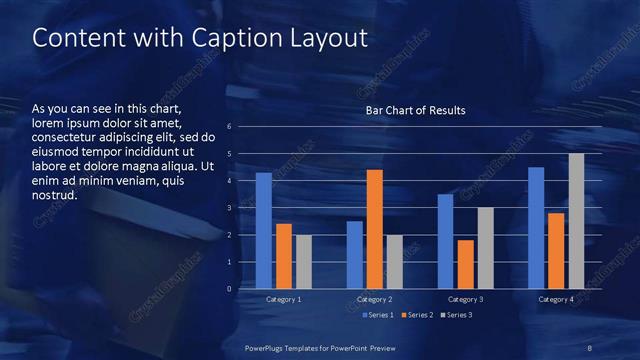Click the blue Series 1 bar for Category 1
click(264, 231)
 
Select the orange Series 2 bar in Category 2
click(375, 229)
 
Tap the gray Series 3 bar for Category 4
click(576, 221)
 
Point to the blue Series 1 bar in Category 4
click(536, 228)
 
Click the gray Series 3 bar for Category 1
click(304, 262)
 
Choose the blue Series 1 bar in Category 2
click(355, 255)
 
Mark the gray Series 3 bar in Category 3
click(485, 248)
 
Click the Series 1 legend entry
click(375, 315)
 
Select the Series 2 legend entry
click(416, 315)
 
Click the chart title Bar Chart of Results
click(415, 109)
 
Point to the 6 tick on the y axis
click(230, 127)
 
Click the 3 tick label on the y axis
click(230, 208)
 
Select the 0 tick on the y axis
click(230, 289)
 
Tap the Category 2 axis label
click(375, 299)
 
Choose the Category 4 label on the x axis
click(556, 299)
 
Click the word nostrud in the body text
click(54, 195)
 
